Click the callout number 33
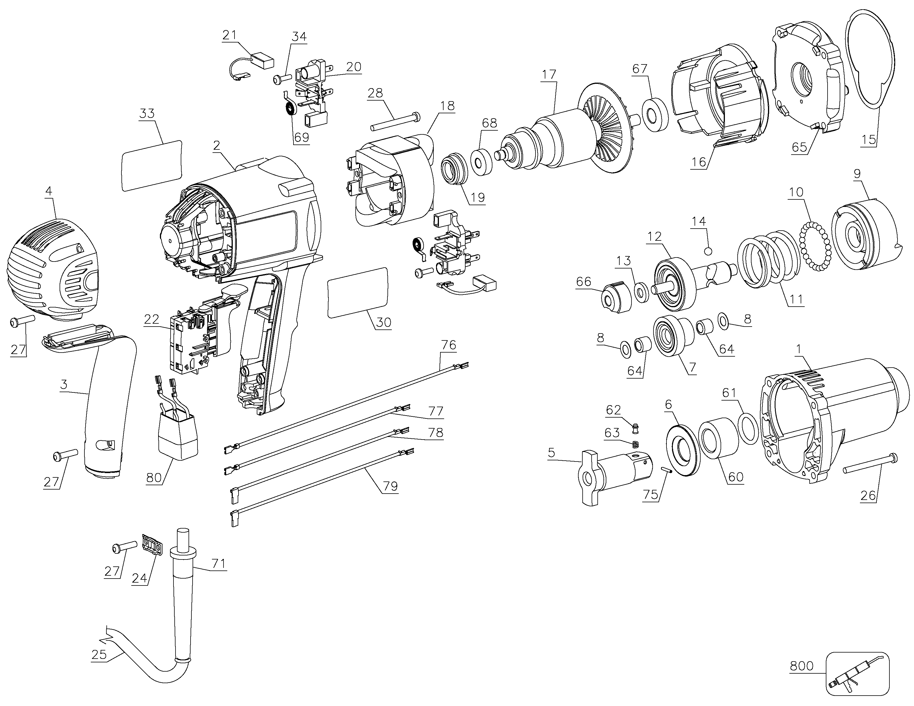147,113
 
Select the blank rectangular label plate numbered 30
358,293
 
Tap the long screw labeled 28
396,121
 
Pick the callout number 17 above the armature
549,75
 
